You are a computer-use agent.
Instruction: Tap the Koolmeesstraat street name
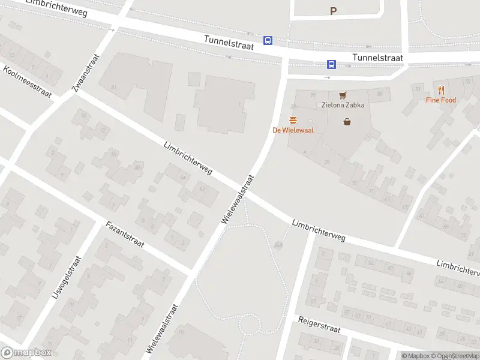point(27,82)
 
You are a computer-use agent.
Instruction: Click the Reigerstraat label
point(319,325)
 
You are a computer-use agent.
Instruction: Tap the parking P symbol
point(334,11)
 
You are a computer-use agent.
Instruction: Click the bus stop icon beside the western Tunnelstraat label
point(268,41)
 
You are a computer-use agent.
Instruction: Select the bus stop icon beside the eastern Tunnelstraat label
point(331,64)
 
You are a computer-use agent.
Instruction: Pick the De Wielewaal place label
point(293,130)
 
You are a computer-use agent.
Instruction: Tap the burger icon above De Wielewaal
point(293,120)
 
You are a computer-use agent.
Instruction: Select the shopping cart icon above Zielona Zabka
point(343,95)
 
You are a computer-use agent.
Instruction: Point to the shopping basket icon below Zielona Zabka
point(347,122)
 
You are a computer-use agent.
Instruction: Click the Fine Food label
point(441,100)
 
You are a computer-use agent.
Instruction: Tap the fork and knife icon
point(442,90)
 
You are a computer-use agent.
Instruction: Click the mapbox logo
point(26,353)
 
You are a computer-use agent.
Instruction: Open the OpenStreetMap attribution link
point(453,356)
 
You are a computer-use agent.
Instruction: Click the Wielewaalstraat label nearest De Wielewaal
point(238,200)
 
